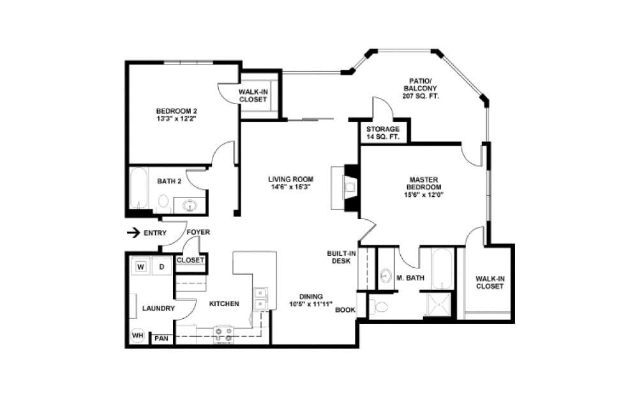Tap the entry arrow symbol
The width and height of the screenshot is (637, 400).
133,233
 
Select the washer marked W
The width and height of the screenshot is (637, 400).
141,266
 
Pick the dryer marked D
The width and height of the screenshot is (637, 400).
162,266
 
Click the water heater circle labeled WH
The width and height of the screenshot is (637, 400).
137,335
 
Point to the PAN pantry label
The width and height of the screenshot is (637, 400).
161,339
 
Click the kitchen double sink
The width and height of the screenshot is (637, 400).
260,298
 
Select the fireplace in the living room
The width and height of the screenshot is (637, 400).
349,187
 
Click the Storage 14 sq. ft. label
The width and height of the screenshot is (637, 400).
382,133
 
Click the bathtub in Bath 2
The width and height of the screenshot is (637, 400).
139,190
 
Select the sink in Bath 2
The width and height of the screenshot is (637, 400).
190,206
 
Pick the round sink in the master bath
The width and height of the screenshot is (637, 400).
386,276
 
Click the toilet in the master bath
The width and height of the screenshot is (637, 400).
381,307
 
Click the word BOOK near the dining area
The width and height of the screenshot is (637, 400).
345,310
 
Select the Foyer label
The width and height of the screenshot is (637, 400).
198,232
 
